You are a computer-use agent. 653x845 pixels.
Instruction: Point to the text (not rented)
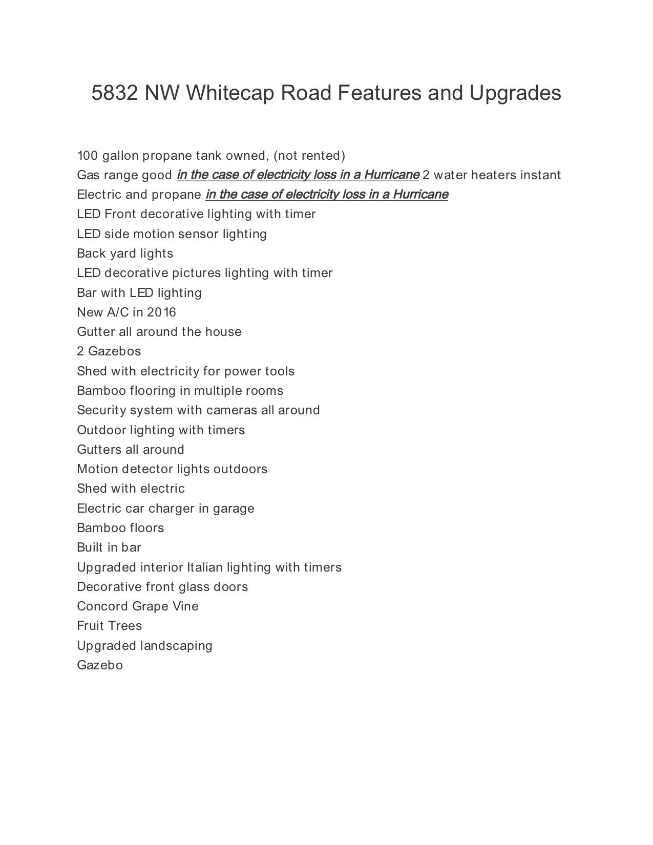[x=309, y=156]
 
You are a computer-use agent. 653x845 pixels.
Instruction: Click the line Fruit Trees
[x=109, y=626]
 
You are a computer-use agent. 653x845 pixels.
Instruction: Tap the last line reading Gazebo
[x=100, y=665]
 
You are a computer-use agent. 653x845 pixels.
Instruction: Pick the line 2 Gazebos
[x=109, y=351]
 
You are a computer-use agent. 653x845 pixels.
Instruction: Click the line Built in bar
[x=109, y=547]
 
